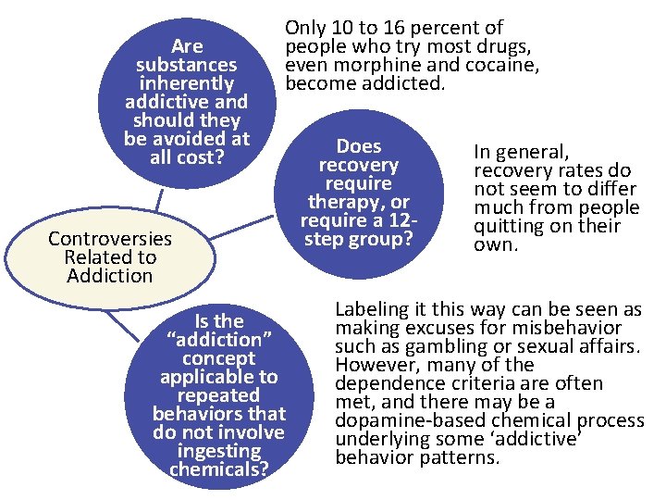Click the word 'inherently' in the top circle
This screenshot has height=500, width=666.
pyautogui.click(x=187, y=83)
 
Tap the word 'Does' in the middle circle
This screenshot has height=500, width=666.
pyautogui.click(x=358, y=146)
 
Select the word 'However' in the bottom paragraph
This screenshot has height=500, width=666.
pyautogui.click(x=370, y=365)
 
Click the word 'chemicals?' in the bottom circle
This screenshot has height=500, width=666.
pyautogui.click(x=219, y=469)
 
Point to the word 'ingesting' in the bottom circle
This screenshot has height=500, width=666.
pyautogui.click(x=219, y=450)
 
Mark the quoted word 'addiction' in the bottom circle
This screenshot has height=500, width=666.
pyautogui.click(x=219, y=339)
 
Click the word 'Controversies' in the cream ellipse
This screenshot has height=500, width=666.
pyautogui.click(x=110, y=239)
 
